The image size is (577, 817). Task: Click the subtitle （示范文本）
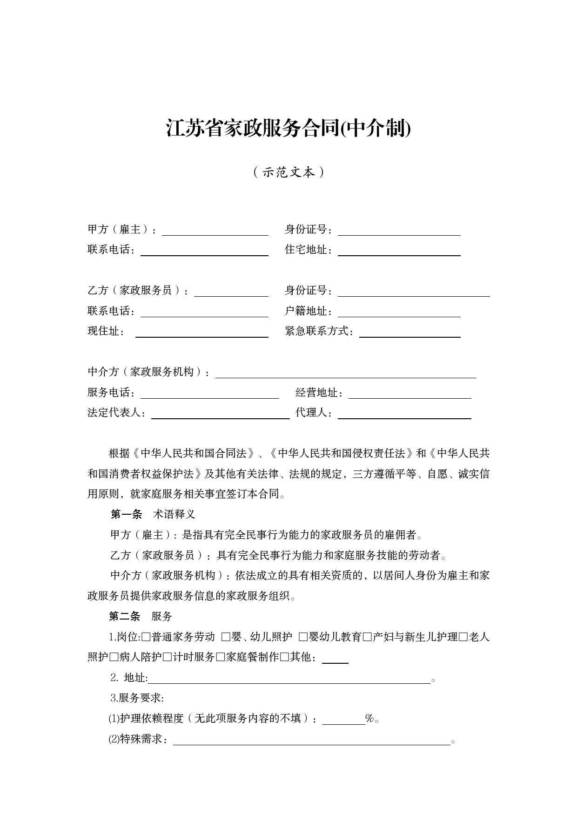[288, 172]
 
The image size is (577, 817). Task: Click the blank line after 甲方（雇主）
[215, 231]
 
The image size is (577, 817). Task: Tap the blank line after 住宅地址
[399, 251]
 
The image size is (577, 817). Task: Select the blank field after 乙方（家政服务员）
[231, 292]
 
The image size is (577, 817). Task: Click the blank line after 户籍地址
[399, 313]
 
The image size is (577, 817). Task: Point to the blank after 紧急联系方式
[409, 333]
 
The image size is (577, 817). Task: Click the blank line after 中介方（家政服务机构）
[345, 373]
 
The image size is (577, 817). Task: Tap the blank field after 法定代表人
[220, 414]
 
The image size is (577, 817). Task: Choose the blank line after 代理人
[404, 414]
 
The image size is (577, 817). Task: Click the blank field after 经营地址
[409, 394]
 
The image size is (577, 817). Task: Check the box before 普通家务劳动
[146, 637]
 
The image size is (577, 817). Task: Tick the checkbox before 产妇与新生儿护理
[367, 637]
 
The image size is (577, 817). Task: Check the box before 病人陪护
[114, 657]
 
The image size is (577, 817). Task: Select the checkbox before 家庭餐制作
[221, 657]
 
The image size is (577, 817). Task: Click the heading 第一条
[127, 515]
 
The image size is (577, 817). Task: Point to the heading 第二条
[125, 617]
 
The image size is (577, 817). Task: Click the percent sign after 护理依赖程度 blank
[370, 719]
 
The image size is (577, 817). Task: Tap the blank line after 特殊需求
[311, 740]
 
